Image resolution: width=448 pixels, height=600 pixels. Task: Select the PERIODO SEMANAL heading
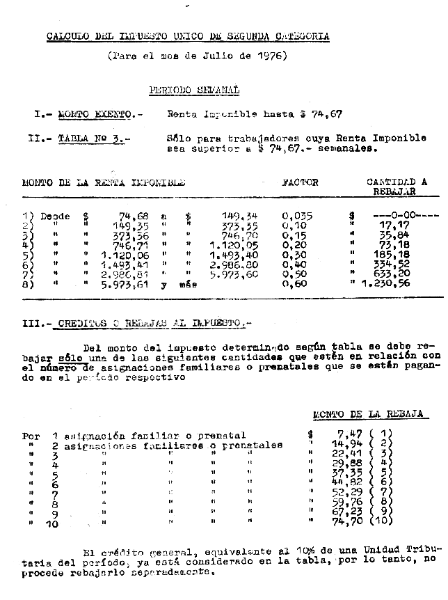coord(194,90)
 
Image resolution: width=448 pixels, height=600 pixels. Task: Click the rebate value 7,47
coord(345,435)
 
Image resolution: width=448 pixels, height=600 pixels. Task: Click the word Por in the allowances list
coord(31,436)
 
